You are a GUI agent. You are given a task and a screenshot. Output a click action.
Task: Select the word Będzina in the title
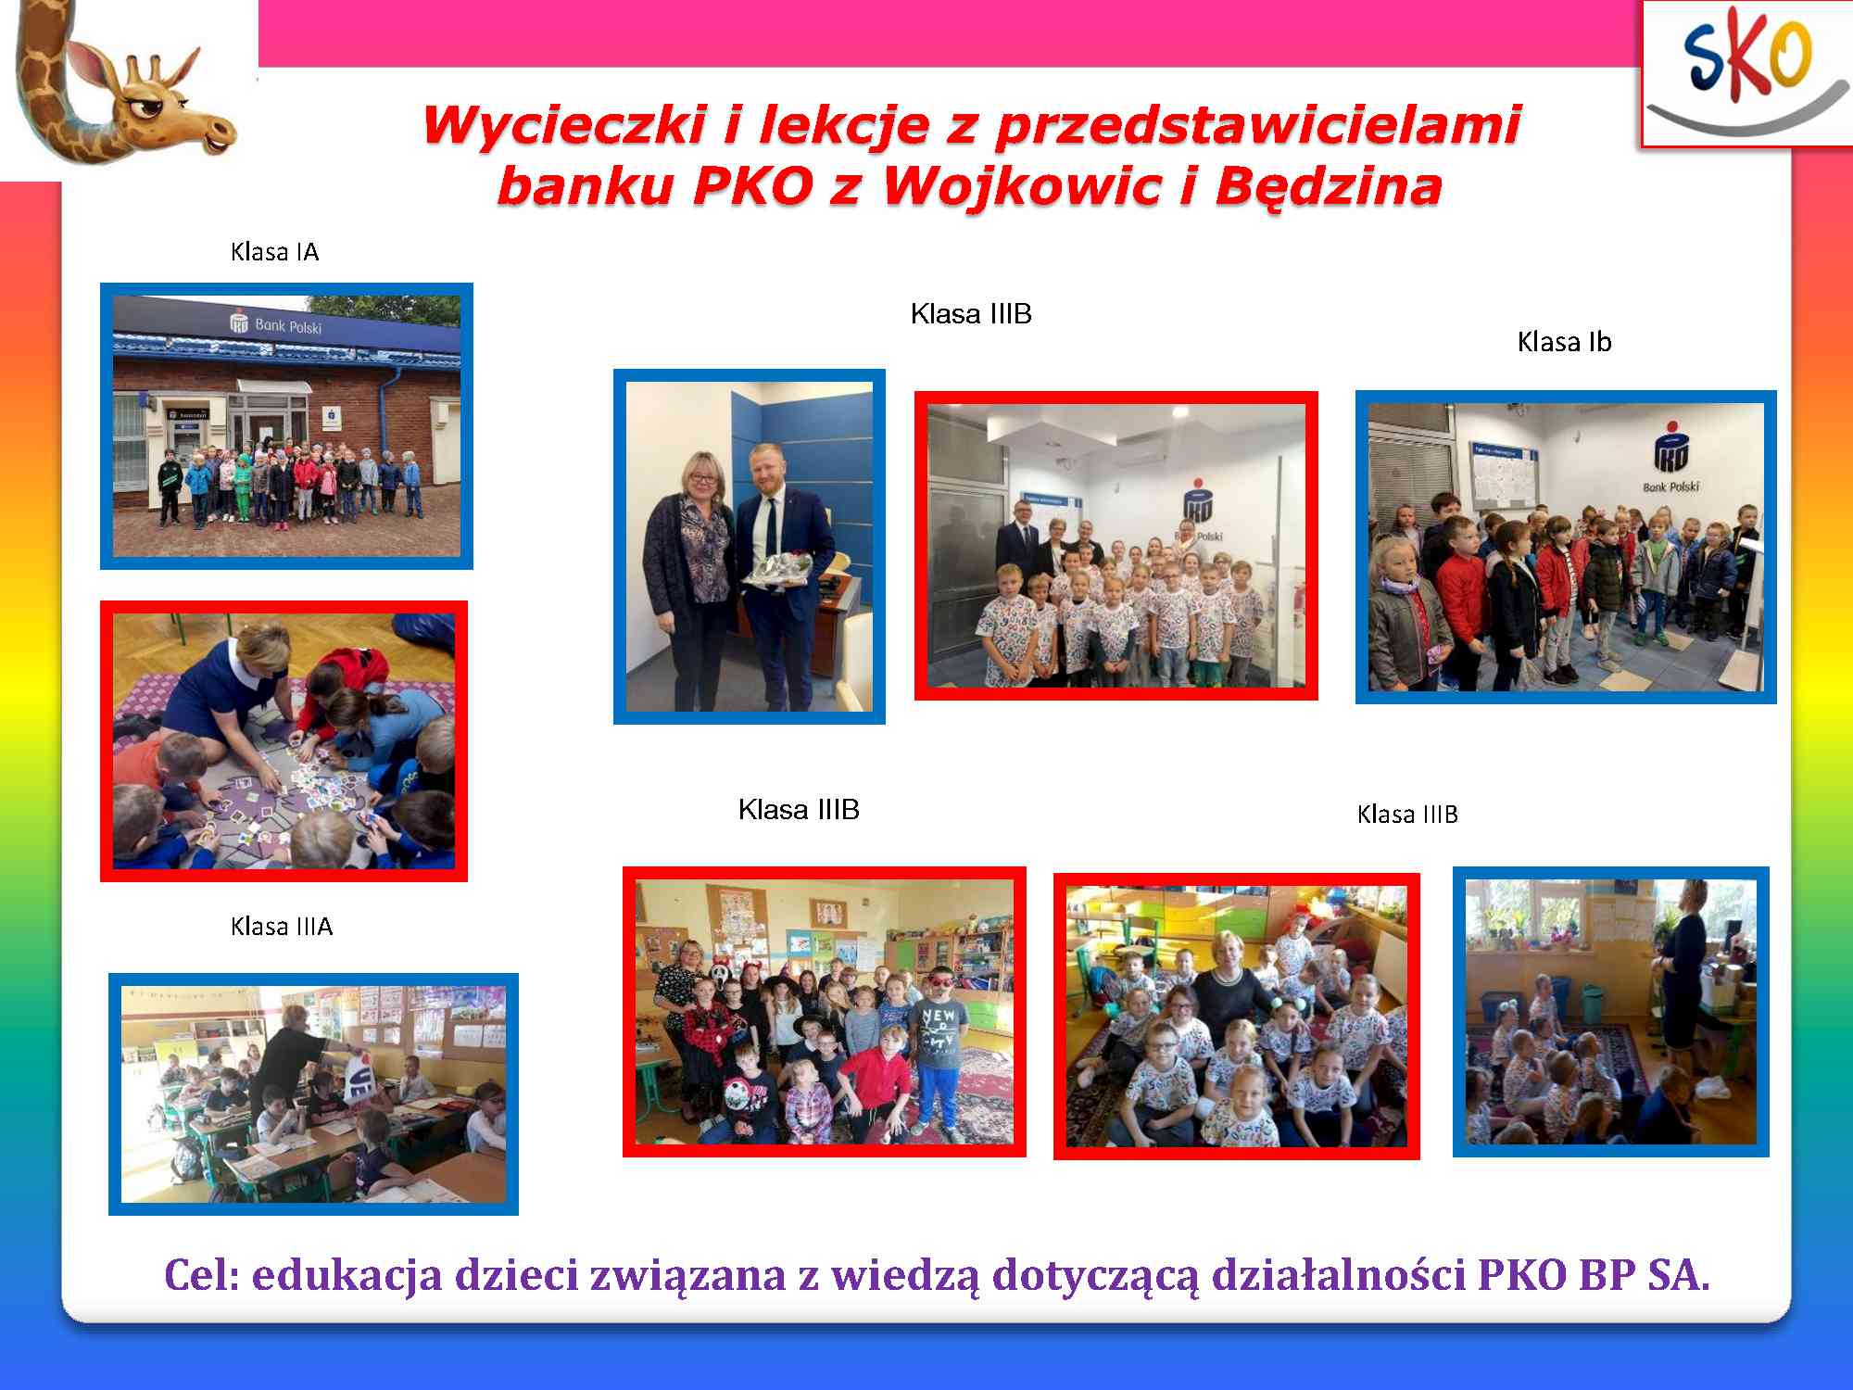click(x=1328, y=187)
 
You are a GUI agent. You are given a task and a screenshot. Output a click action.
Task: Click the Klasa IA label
click(x=274, y=252)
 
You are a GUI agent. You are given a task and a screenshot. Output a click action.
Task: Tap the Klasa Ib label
click(x=1564, y=342)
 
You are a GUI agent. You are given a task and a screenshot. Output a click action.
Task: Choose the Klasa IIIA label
click(x=281, y=927)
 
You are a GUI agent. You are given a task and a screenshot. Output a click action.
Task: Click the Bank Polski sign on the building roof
click(x=276, y=324)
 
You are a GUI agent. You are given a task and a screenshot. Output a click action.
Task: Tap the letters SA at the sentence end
click(x=1679, y=1275)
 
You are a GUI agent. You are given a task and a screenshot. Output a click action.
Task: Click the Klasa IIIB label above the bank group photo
click(x=971, y=314)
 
